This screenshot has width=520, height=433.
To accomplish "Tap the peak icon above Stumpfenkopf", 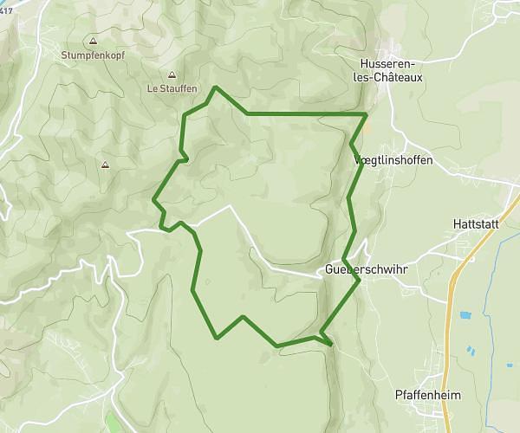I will click(x=93, y=41).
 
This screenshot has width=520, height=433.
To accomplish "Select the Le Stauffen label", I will click(x=172, y=87).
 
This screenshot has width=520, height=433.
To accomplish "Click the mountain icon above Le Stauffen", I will click(x=172, y=74).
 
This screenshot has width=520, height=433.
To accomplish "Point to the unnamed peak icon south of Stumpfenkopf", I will click(x=105, y=165).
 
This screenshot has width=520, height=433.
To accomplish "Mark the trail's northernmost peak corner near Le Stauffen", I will click(x=216, y=87).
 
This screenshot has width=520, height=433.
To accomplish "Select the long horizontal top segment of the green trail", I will click(x=303, y=113).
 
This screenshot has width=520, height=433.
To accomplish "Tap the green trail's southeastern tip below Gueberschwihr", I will click(x=332, y=345).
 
